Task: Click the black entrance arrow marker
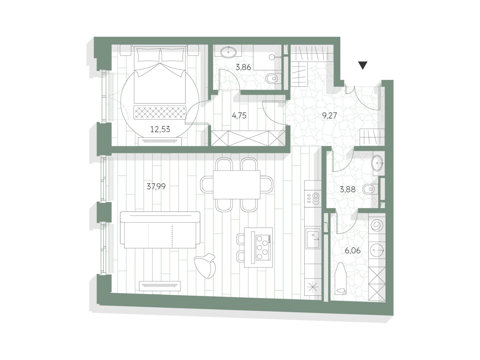363,65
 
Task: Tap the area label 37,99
156,186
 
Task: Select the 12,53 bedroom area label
160,129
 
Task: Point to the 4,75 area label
239,115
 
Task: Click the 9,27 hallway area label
329,115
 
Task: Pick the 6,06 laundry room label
352,250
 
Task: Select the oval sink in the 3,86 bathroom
228,52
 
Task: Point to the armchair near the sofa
205,266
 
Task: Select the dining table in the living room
237,185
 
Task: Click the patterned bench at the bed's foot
160,112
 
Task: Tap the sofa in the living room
160,230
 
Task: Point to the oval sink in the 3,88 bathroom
377,163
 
